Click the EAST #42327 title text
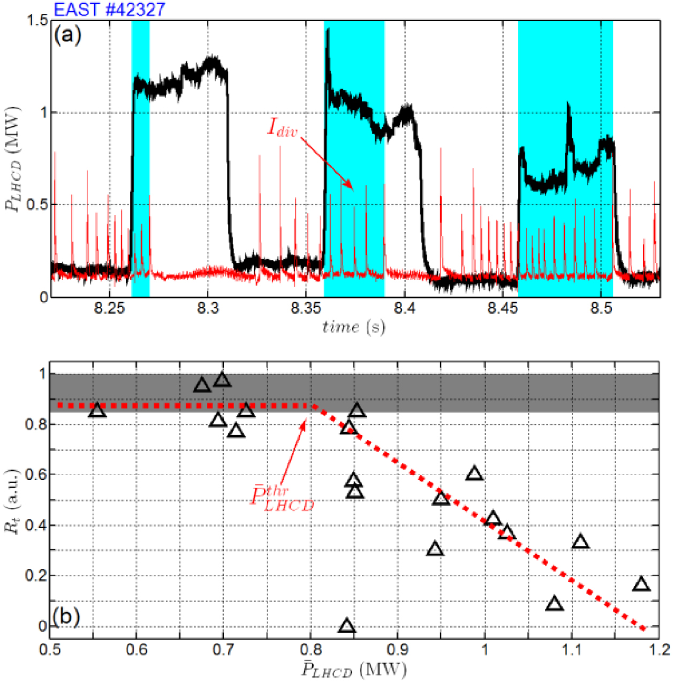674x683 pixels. point(110,9)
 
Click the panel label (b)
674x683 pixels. point(66,616)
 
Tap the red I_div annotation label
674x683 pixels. point(282,127)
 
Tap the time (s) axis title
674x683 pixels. point(353,327)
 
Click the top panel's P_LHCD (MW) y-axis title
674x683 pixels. point(14,159)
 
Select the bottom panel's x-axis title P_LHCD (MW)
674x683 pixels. point(353,670)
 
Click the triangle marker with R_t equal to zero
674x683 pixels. point(347,626)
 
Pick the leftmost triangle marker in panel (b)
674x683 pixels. point(97,410)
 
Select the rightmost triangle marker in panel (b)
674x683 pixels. point(641,584)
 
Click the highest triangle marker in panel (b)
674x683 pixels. point(222,380)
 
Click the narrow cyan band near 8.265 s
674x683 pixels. point(140,161)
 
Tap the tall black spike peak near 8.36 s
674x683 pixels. point(328,30)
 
